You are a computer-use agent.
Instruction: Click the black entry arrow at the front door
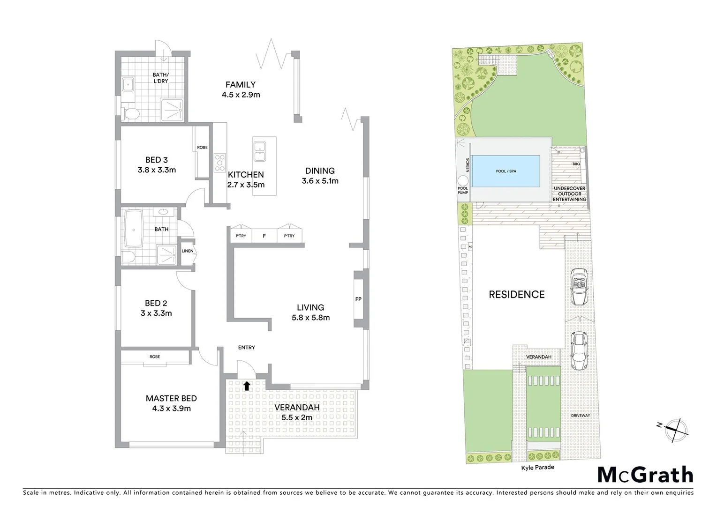tap(246, 386)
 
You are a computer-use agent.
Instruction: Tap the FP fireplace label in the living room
tap(358, 299)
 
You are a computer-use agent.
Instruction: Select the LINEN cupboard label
tap(187, 251)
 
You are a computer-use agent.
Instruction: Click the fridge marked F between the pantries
tap(264, 236)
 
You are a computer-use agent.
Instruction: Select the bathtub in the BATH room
tap(135, 230)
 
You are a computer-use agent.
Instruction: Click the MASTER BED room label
tap(171, 398)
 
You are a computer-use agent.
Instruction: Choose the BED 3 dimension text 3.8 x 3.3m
tap(157, 170)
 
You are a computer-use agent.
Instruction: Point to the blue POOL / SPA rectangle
tap(506, 171)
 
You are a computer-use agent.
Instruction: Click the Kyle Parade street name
tap(537, 467)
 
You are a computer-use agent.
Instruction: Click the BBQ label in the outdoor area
tap(576, 164)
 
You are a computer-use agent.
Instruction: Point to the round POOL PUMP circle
tap(463, 181)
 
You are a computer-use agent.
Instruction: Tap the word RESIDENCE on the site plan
tap(517, 294)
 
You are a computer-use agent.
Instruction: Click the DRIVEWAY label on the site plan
tap(581, 416)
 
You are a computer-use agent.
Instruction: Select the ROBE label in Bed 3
tap(202, 148)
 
